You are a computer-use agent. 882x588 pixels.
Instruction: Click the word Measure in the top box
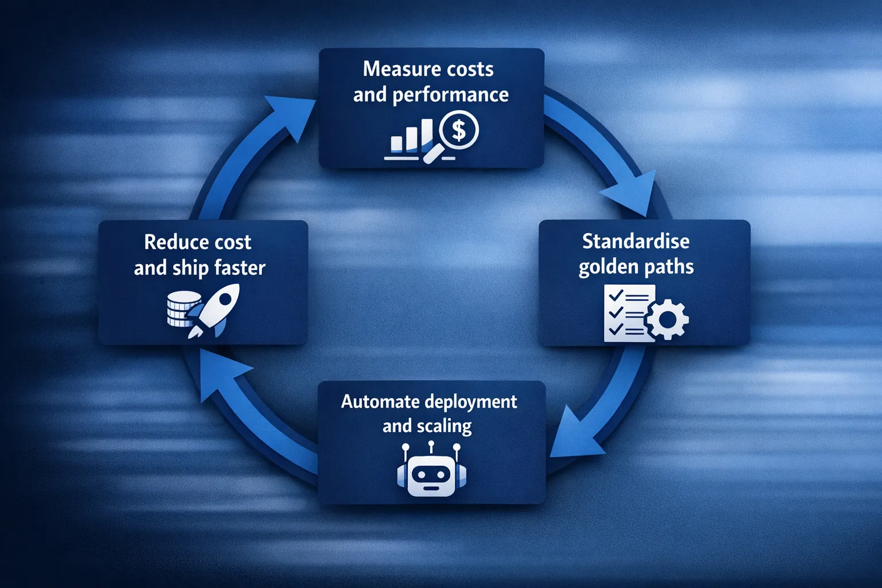tap(397, 69)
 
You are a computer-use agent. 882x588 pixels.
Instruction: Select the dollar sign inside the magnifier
tap(458, 130)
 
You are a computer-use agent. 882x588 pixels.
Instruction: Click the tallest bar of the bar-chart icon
tap(427, 136)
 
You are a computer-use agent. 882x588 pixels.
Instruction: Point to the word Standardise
tap(636, 241)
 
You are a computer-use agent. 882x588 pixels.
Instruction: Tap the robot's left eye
tap(420, 475)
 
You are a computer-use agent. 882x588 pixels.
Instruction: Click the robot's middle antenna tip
tap(431, 444)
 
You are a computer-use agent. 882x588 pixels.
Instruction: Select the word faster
tap(240, 268)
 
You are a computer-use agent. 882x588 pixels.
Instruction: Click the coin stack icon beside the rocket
tap(181, 309)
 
